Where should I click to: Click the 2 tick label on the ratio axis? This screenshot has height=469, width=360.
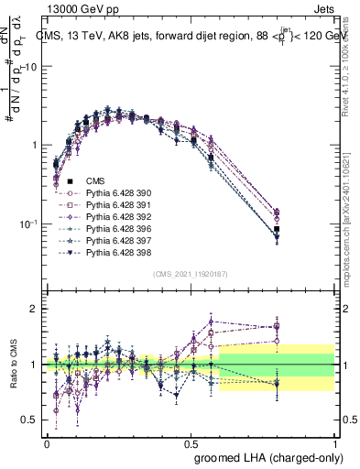pos(35,310)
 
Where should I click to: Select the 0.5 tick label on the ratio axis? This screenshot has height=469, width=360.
pos(30,420)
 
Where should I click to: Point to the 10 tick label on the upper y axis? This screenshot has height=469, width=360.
pos(31,67)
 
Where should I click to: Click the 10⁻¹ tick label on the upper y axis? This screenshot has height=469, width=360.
pos(29,224)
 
